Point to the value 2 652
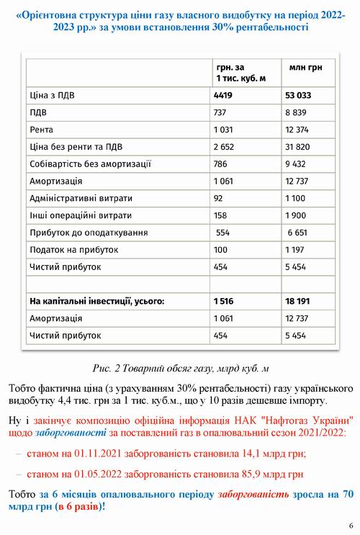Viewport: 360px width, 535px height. [x=227, y=146]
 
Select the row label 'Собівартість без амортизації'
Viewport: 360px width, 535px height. [x=89, y=163]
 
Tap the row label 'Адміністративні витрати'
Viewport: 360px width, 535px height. [x=81, y=198]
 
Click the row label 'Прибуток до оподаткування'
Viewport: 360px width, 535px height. [x=88, y=233]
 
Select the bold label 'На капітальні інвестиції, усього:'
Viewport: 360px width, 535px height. [x=96, y=301]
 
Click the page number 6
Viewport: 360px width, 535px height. [x=350, y=524]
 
